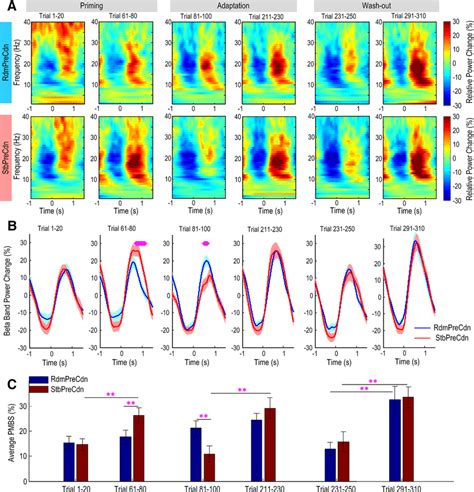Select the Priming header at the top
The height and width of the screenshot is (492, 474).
[98, 6]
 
